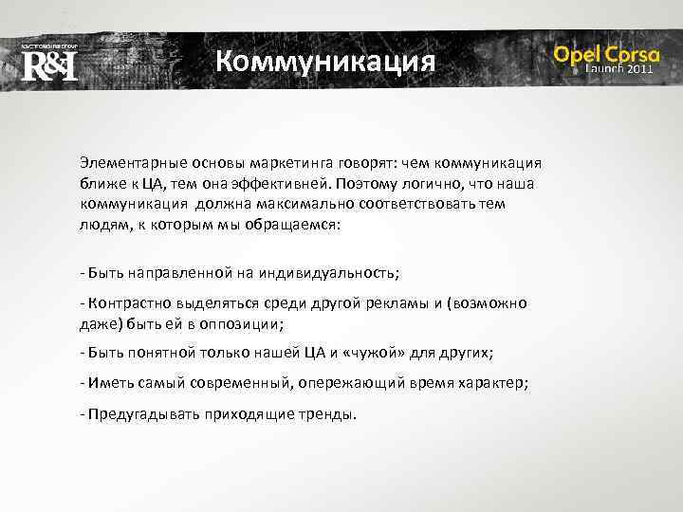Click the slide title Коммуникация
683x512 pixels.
pyautogui.click(x=324, y=63)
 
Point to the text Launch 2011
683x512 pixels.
pyautogui.click(x=618, y=70)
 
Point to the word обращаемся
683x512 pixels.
pyautogui.click(x=289, y=226)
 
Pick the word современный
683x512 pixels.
pyautogui.click(x=241, y=383)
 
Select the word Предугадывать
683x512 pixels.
pyautogui.click(x=137, y=414)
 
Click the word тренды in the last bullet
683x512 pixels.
pyautogui.click(x=327, y=414)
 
